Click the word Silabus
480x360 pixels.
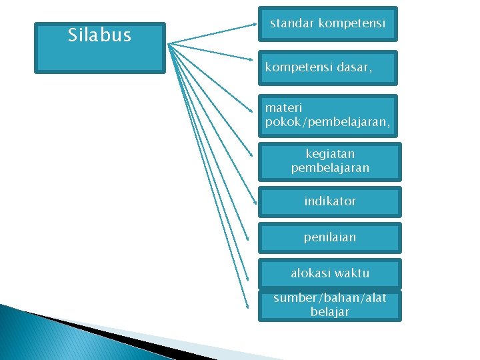(99, 35)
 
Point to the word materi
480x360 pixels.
(283, 107)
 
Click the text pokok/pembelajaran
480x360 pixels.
(327, 122)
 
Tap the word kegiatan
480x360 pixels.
(330, 154)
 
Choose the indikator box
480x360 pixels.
(330, 201)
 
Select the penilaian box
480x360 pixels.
(330, 237)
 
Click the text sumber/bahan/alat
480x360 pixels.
(330, 298)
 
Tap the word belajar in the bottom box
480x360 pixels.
(330, 312)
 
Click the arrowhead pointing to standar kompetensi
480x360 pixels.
(255, 27)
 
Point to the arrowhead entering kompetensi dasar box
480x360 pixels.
(255, 61)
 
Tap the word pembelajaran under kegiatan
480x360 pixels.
(330, 168)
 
